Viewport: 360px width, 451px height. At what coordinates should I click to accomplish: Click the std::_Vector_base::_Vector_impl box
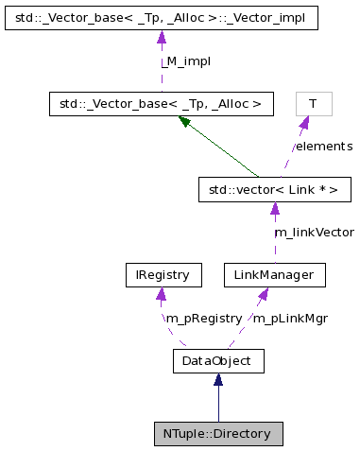tap(162, 17)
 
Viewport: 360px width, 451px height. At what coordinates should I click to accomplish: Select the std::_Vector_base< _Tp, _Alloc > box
tap(162, 103)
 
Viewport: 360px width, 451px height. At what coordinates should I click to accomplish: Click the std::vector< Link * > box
tap(274, 190)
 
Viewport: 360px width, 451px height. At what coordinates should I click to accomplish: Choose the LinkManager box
tap(274, 275)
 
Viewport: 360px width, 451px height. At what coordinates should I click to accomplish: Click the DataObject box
tap(218, 360)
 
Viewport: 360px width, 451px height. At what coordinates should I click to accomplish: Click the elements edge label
tap(322, 147)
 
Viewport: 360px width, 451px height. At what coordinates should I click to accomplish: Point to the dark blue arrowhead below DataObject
tap(218, 379)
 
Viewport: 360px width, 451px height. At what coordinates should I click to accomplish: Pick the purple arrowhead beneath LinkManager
tap(264, 294)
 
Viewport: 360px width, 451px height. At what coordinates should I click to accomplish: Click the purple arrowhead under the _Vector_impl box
tap(162, 37)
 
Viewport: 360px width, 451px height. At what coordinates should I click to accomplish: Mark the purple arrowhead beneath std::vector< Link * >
tap(274, 209)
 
